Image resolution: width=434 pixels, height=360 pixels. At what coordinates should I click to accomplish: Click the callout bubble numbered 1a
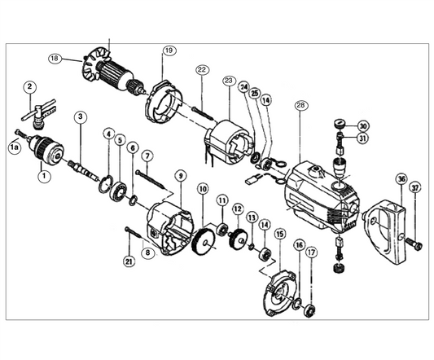coord(15,147)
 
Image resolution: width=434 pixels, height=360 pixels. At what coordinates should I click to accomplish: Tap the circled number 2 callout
coord(30,86)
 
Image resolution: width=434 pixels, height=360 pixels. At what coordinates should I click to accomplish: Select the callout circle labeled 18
coord(55,59)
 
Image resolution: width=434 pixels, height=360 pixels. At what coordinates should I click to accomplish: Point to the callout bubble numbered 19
coord(169,50)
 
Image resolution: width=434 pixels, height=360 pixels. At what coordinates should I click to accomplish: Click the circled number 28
coord(301,105)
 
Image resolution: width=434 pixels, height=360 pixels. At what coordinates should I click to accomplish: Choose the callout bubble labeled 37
coord(415,189)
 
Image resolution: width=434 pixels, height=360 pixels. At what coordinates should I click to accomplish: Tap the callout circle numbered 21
coord(129,261)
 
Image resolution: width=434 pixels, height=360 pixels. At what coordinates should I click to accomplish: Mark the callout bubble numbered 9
coord(181,176)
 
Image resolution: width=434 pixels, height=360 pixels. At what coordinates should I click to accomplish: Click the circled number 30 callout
coord(363,126)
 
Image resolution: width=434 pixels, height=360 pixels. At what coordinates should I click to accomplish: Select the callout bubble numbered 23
coord(229,81)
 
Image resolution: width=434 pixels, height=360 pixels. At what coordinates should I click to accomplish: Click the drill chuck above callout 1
coord(46,151)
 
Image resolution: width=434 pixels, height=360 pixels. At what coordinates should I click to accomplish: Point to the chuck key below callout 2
coord(39,113)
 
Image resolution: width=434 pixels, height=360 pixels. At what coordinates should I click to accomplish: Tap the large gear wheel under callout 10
coord(203,241)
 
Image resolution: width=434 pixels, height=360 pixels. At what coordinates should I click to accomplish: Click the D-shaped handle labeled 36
coord(385,231)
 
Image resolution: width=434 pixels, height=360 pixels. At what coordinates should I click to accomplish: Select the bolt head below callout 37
coord(414,244)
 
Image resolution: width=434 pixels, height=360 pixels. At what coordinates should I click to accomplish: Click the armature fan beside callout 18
coord(93,67)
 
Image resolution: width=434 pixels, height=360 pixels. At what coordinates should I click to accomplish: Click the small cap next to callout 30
coord(340,122)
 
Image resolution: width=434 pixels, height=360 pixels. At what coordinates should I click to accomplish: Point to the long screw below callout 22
coord(203,113)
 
